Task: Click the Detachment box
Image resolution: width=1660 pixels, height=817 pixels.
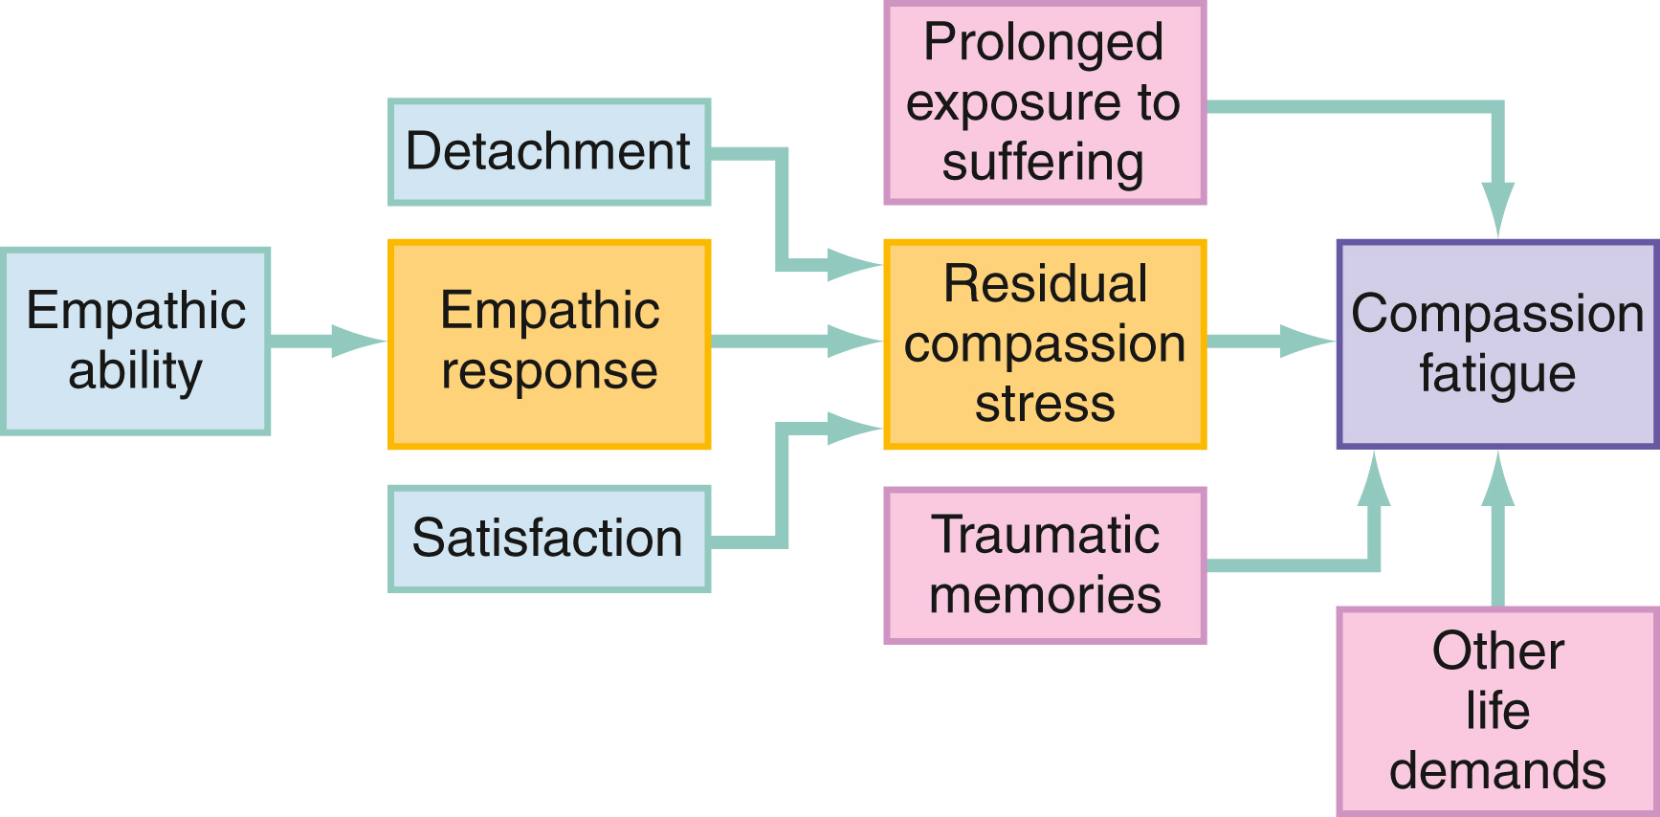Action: coord(548,152)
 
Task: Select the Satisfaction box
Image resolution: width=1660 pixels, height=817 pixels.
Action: coord(548,539)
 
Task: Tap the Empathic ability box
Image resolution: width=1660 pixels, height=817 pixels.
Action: coord(135,342)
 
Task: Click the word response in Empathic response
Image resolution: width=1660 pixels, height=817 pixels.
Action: coord(549,371)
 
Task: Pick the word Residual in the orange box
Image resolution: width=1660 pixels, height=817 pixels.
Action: coord(1045,284)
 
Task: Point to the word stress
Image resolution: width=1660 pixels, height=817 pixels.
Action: coord(1045,404)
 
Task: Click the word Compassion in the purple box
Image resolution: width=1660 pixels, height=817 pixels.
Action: coord(1497,314)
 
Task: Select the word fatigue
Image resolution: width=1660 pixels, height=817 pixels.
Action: coord(1497,374)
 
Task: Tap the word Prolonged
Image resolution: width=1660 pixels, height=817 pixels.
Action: coord(1043,43)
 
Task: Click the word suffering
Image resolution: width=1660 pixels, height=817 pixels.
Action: coord(1043,163)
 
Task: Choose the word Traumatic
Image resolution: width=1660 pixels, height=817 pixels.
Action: coord(1045,535)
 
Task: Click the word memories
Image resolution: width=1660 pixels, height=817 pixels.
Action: coord(1045,595)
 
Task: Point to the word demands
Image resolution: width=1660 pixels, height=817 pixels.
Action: coord(1497,771)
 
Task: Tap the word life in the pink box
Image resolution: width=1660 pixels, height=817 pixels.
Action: coord(1497,711)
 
